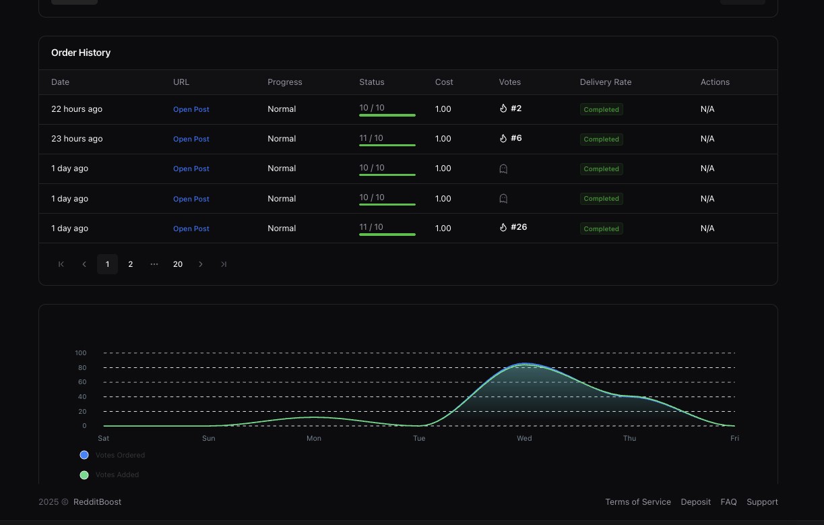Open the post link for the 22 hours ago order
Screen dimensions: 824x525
click(191, 109)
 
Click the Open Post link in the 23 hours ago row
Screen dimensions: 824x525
click(191, 139)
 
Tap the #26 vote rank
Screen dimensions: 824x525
click(519, 227)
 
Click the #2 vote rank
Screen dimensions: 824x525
click(516, 108)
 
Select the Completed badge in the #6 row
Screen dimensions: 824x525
click(602, 139)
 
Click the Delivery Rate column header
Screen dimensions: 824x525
click(606, 82)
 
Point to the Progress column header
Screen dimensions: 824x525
click(285, 82)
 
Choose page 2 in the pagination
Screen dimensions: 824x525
click(130, 264)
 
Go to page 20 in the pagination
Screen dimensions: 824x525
click(178, 264)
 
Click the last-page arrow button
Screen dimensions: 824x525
click(223, 264)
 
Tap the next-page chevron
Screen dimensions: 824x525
click(201, 264)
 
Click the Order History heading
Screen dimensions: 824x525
click(81, 53)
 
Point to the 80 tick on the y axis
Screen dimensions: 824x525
click(82, 367)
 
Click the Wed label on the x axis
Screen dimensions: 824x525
click(524, 438)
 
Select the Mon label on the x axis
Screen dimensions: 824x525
click(314, 438)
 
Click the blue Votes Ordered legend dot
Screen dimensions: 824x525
click(84, 455)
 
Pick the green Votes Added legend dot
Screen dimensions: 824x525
click(84, 475)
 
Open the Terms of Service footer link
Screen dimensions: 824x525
click(638, 502)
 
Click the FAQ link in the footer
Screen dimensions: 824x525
click(728, 502)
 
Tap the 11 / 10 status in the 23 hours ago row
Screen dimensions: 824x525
click(371, 138)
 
